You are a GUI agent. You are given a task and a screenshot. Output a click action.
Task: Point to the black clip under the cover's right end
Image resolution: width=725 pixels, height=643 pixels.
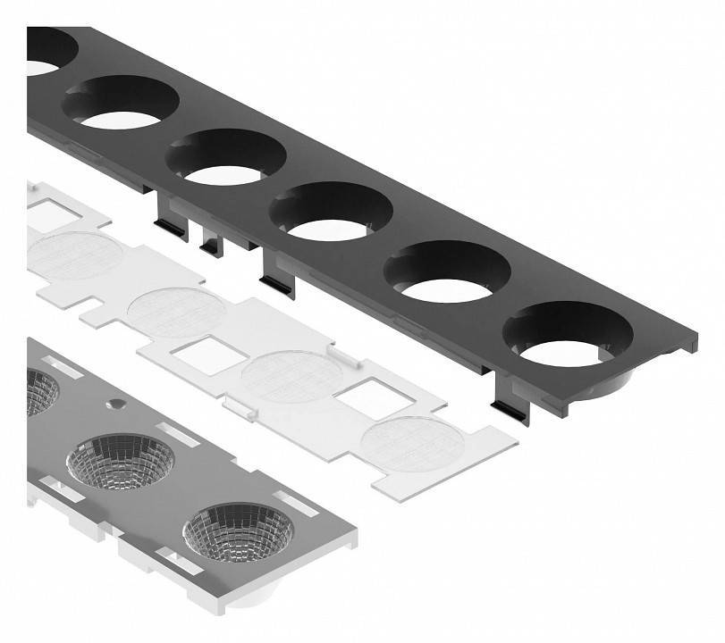[x=512, y=397]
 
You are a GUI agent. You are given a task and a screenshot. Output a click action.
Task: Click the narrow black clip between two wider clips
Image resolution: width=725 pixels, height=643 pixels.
[x=211, y=241]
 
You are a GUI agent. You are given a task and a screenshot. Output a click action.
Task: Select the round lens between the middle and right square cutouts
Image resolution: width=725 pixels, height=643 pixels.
[x=292, y=376]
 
